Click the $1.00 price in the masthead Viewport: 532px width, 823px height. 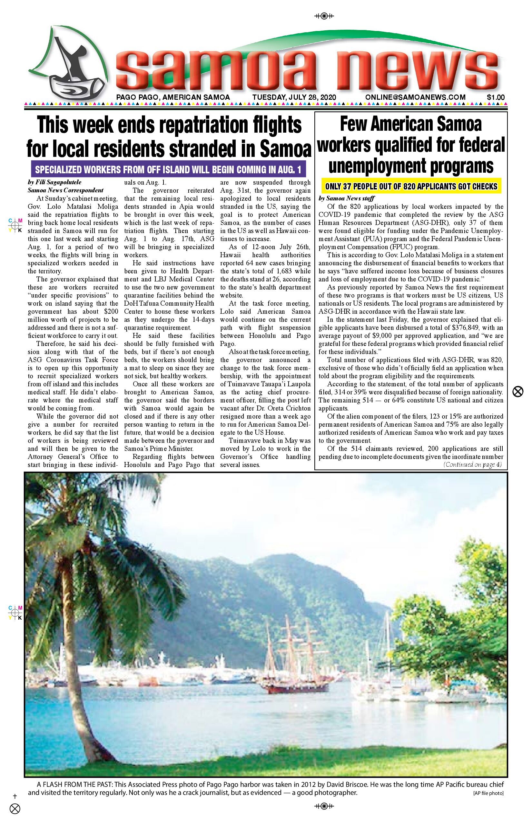tap(495, 97)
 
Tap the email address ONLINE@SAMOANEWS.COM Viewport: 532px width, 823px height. tap(415, 97)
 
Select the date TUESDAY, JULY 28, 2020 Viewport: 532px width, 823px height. tap(294, 97)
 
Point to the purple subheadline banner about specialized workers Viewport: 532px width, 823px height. tap(168, 170)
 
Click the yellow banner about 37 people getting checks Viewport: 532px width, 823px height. tap(411, 187)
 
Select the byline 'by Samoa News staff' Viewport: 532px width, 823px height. tap(347, 198)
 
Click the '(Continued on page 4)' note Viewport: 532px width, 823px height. tap(472, 465)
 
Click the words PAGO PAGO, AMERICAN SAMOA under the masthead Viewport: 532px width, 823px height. tap(173, 97)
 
